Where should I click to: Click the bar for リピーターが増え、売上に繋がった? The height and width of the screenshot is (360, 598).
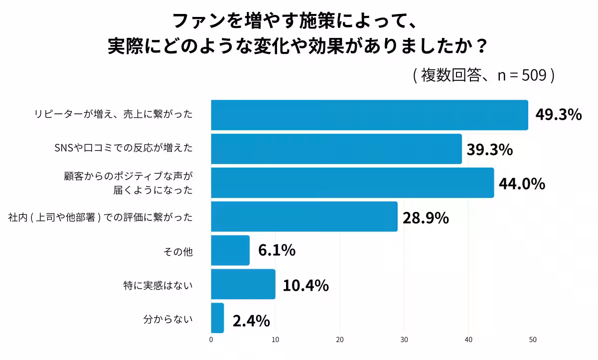click(x=369, y=115)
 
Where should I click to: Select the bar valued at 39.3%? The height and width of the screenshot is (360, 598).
click(x=336, y=149)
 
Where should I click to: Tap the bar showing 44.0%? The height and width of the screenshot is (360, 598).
click(x=352, y=183)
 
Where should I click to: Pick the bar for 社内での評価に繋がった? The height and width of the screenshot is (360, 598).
click(x=304, y=217)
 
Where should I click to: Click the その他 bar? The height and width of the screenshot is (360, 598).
click(x=230, y=250)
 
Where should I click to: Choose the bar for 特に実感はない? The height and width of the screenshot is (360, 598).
click(x=243, y=284)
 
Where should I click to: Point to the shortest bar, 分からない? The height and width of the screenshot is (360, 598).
click(x=218, y=318)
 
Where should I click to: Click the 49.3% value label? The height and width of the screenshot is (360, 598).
click(x=558, y=115)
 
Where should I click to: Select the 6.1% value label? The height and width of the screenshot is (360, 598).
click(x=277, y=251)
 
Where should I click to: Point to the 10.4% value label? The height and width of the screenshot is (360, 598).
click(x=305, y=285)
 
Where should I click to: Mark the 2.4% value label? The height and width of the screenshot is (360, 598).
click(x=251, y=321)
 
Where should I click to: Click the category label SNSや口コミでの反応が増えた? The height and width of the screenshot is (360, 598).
click(x=123, y=148)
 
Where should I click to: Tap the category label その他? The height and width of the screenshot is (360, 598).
click(x=178, y=252)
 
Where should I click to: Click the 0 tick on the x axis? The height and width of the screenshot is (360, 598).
click(x=211, y=340)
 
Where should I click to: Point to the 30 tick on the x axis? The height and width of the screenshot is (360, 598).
click(x=404, y=340)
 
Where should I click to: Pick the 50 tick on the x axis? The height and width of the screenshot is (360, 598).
click(x=533, y=340)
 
